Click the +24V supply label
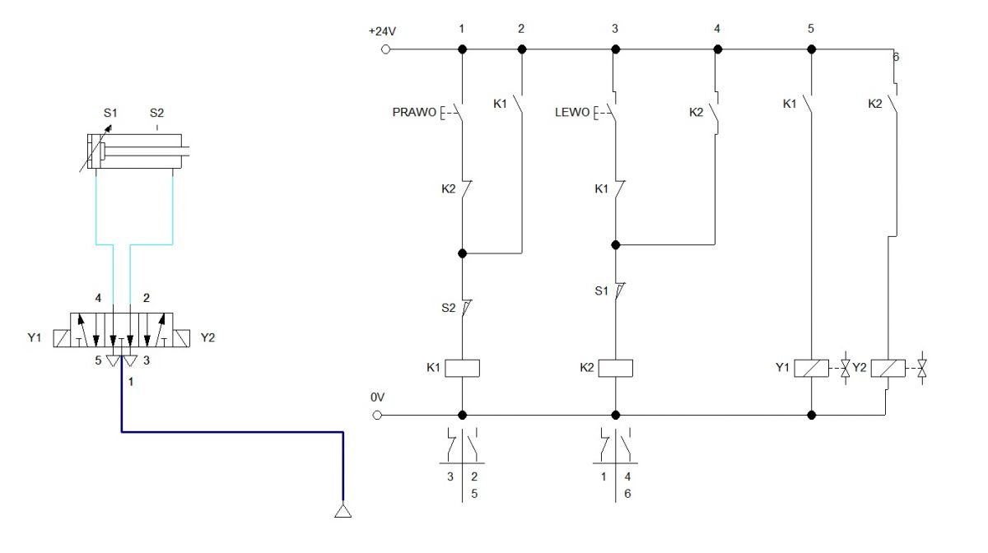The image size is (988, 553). (382, 31)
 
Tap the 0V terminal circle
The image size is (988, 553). (377, 415)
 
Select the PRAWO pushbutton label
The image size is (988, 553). (414, 112)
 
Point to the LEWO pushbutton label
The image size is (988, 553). (572, 112)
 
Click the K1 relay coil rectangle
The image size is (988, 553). (462, 368)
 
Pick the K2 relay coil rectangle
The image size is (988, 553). (615, 368)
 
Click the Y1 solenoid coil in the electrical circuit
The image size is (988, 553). (812, 368)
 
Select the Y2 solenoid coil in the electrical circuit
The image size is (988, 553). (888, 368)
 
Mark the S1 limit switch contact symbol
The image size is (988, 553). (618, 290)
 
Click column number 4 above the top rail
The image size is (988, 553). (717, 29)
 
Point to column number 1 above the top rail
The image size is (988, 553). (461, 29)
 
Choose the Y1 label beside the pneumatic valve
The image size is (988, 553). (35, 337)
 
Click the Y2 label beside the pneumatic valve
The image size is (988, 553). (207, 337)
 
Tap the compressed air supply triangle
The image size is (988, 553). (343, 511)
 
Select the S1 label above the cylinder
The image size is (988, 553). (110, 113)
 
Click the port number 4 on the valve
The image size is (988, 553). (98, 299)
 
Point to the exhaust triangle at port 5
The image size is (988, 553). (114, 361)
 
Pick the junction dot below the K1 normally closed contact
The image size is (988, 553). (616, 244)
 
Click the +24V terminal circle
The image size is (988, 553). (385, 49)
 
